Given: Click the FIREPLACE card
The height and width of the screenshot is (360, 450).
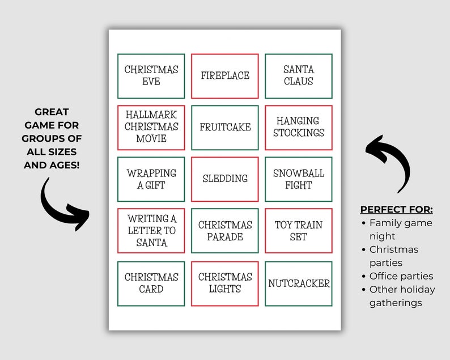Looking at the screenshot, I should pos(225,76).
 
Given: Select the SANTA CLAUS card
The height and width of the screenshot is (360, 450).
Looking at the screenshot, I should pos(299,76).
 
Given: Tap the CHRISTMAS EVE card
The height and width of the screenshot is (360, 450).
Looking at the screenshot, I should pos(151,76).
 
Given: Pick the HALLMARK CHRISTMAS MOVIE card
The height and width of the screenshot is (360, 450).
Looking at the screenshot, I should pos(151,127).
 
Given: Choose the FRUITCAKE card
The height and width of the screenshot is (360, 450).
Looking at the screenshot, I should pos(225,127).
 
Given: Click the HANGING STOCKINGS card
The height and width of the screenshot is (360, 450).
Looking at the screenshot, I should pos(299,127).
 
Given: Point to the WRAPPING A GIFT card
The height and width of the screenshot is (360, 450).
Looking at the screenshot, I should pos(151,179).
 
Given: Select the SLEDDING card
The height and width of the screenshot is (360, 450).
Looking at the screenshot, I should pos(225,179).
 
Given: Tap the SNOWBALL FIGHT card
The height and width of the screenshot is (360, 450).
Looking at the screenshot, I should pos(299,179).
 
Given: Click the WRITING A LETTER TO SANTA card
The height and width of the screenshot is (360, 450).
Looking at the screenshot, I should pos(151,231).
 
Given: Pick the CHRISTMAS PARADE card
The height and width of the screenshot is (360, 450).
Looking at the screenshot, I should pos(225,231).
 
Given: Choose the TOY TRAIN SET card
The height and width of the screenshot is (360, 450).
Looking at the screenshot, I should pos(299,231).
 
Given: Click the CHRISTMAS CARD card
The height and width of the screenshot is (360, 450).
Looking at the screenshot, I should pos(151,283).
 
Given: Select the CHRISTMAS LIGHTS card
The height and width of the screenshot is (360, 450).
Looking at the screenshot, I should pos(225,283).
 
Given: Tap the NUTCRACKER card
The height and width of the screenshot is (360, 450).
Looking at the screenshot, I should pos(299,283).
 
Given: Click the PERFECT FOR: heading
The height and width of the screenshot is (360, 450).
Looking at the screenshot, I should pos(396,209).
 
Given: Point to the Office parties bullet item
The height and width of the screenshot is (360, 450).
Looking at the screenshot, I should pos(401,276).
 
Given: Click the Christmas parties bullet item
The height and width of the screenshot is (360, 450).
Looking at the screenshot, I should pos(394,256).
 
